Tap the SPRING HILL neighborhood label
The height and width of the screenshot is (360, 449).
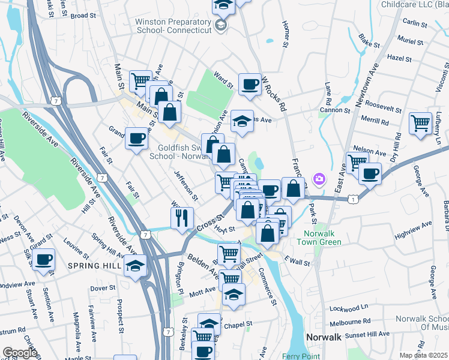click(x=91, y=265)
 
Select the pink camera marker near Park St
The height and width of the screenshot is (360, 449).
click(x=319, y=179)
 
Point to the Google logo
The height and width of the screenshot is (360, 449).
click(x=20, y=353)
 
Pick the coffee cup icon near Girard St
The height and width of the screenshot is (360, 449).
click(x=44, y=260)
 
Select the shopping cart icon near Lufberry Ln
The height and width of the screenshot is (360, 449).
click(x=420, y=123)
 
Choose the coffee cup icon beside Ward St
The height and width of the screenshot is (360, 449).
click(x=250, y=84)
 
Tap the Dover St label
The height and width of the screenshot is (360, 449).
click(x=103, y=288)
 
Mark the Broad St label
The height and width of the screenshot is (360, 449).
click(x=83, y=16)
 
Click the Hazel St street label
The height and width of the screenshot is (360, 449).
click(x=399, y=58)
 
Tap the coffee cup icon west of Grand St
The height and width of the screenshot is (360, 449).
click(x=136, y=139)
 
